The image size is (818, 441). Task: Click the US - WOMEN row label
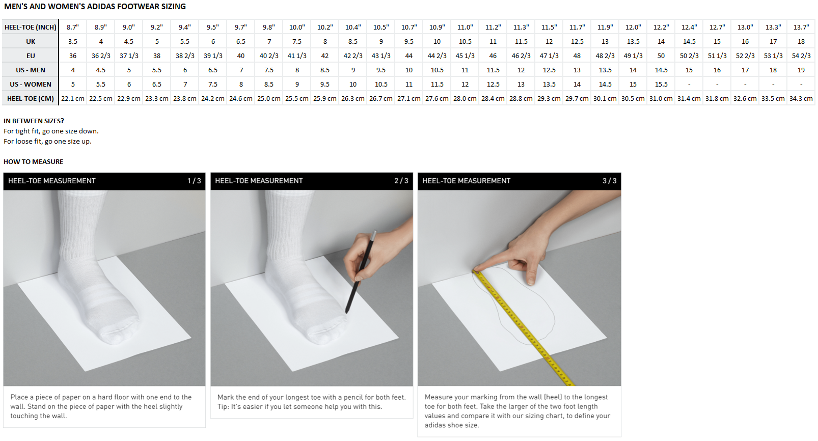[31, 85]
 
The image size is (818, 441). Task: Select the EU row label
[31, 56]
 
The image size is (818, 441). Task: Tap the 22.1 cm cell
[73, 99]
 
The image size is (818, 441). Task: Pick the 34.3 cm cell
[801, 99]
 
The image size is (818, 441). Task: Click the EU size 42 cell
[324, 56]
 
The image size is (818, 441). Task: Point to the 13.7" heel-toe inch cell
[801, 27]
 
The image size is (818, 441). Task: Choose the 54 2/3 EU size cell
[801, 56]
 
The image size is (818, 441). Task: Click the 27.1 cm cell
[408, 99]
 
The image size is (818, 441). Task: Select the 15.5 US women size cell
[661, 85]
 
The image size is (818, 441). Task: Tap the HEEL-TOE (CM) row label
[31, 99]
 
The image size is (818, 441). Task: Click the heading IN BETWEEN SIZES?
[34, 121]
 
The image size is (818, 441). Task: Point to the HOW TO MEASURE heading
[33, 162]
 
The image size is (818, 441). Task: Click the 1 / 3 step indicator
[194, 181]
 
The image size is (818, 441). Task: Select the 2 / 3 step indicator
[401, 181]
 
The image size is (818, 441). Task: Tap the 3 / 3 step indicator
[610, 181]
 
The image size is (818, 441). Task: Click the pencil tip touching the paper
[346, 313]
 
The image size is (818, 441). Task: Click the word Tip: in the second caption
[223, 407]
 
